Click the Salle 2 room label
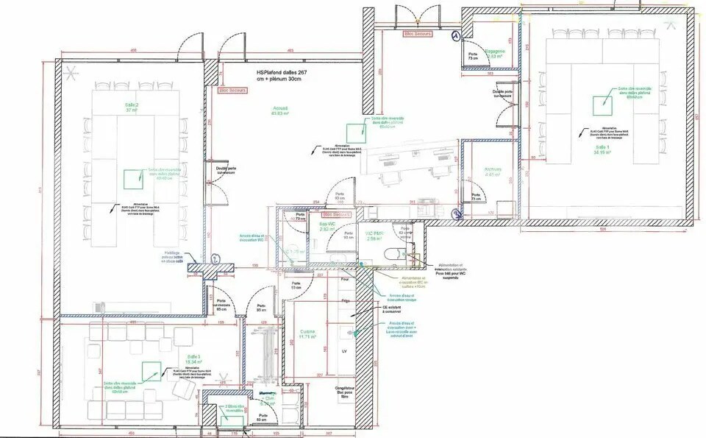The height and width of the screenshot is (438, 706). pyautogui.click(x=132, y=107)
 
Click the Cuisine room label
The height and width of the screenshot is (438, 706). pyautogui.click(x=307, y=334)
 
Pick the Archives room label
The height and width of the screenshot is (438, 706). pyautogui.click(x=492, y=172)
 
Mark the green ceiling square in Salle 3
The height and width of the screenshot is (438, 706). pyautogui.click(x=151, y=370)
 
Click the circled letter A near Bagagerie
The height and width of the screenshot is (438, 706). pyautogui.click(x=456, y=35)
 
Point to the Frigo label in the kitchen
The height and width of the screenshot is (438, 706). pyautogui.click(x=344, y=301)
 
